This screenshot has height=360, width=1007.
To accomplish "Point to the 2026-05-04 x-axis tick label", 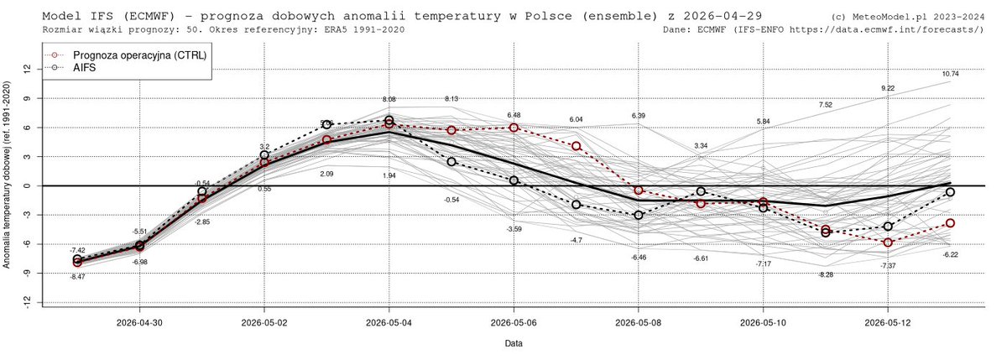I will pyautogui.click(x=389, y=321).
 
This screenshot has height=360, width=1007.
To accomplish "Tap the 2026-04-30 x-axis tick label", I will pyautogui.click(x=139, y=321).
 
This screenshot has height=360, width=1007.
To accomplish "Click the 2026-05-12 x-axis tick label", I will pyautogui.click(x=888, y=321).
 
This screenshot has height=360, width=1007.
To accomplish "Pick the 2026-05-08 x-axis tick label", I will pyautogui.click(x=639, y=321).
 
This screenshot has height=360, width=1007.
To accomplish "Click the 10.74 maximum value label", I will pyautogui.click(x=950, y=74).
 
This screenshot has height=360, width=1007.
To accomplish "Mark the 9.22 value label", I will pyautogui.click(x=888, y=88).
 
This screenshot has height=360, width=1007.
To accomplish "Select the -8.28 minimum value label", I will pyautogui.click(x=826, y=274).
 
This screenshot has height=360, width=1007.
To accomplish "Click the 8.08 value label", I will pyautogui.click(x=389, y=99).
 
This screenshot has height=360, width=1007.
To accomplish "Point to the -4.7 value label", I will pyautogui.click(x=577, y=240).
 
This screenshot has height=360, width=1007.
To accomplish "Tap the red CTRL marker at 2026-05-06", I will pyautogui.click(x=514, y=128).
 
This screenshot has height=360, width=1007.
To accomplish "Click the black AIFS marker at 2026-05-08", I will pyautogui.click(x=639, y=215).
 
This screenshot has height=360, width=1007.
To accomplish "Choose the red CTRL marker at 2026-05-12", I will pyautogui.click(x=888, y=242).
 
